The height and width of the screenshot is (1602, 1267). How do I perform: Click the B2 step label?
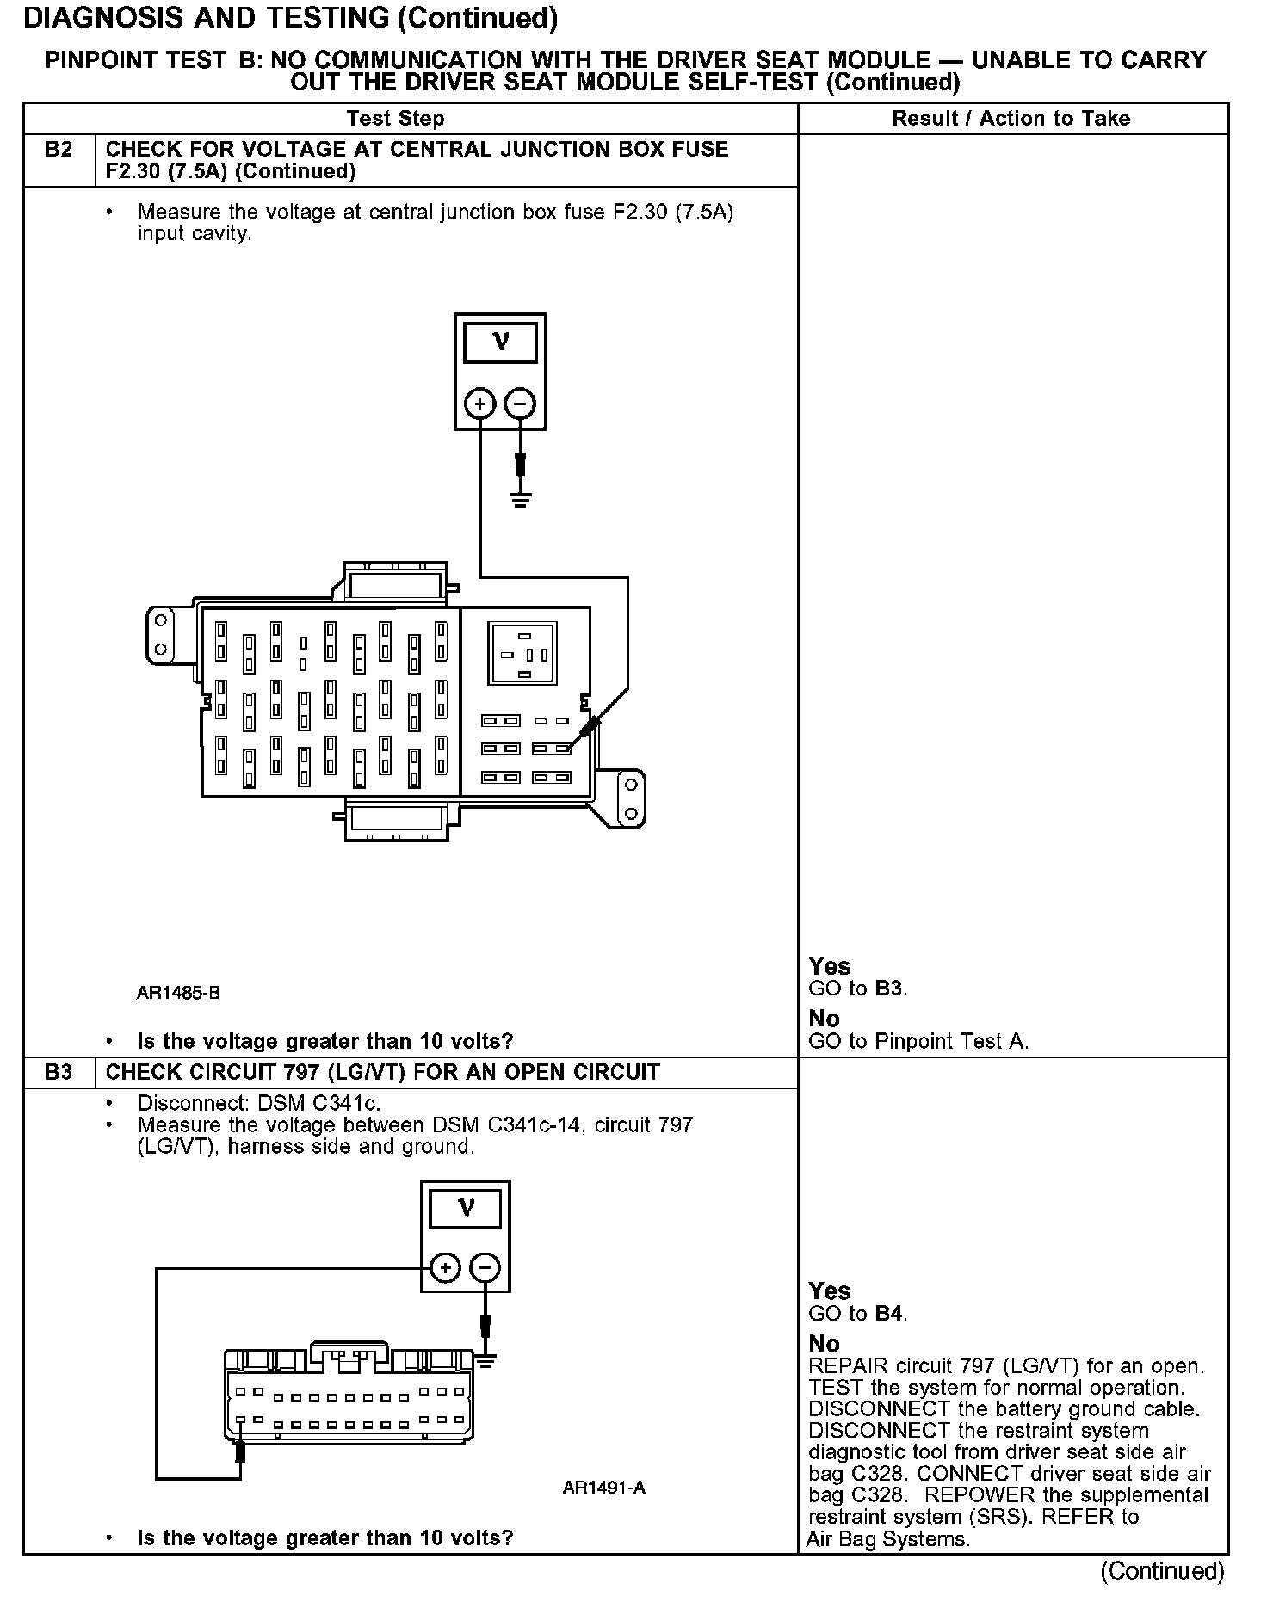pos(59,150)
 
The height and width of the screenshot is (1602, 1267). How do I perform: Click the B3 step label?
pos(59,1072)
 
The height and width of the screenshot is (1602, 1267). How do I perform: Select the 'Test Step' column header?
pos(395,119)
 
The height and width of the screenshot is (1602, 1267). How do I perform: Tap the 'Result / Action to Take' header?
pos(1011,119)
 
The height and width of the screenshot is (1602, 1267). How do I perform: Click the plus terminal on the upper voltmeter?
pos(480,403)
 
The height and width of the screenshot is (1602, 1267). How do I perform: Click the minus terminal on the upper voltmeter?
pos(520,403)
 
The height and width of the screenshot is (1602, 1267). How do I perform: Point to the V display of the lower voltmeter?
pos(466,1209)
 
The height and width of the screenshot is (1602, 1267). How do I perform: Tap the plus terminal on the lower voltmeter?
pos(445,1267)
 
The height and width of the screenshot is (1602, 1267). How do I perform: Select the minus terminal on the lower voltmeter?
pos(485,1267)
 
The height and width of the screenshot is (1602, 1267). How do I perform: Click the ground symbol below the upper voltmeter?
pos(520,499)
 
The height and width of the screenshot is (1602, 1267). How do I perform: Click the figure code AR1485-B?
pos(179,993)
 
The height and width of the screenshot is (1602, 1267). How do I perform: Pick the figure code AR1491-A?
pos(604,1488)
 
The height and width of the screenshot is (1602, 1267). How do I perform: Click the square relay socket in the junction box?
pos(523,654)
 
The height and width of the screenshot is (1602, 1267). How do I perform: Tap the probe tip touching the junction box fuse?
pos(585,733)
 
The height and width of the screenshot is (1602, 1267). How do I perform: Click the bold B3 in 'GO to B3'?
pos(888,989)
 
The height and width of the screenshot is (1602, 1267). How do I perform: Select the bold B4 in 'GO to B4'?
pos(888,1314)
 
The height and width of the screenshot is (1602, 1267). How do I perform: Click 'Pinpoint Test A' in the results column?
pos(951,1041)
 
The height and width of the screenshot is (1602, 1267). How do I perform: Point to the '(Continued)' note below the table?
pos(1162,1571)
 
